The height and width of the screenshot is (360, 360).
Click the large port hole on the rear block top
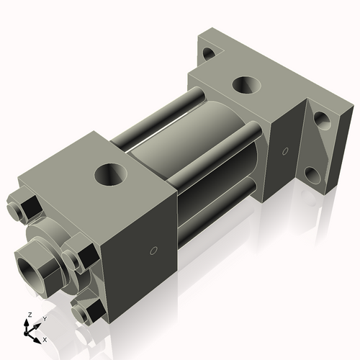(246, 85)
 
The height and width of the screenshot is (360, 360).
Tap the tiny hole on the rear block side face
(285, 151)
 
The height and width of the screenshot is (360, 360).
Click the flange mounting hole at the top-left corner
(208, 53)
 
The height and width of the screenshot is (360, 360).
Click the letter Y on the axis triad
(44, 318)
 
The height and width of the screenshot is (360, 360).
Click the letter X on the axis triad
(45, 338)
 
